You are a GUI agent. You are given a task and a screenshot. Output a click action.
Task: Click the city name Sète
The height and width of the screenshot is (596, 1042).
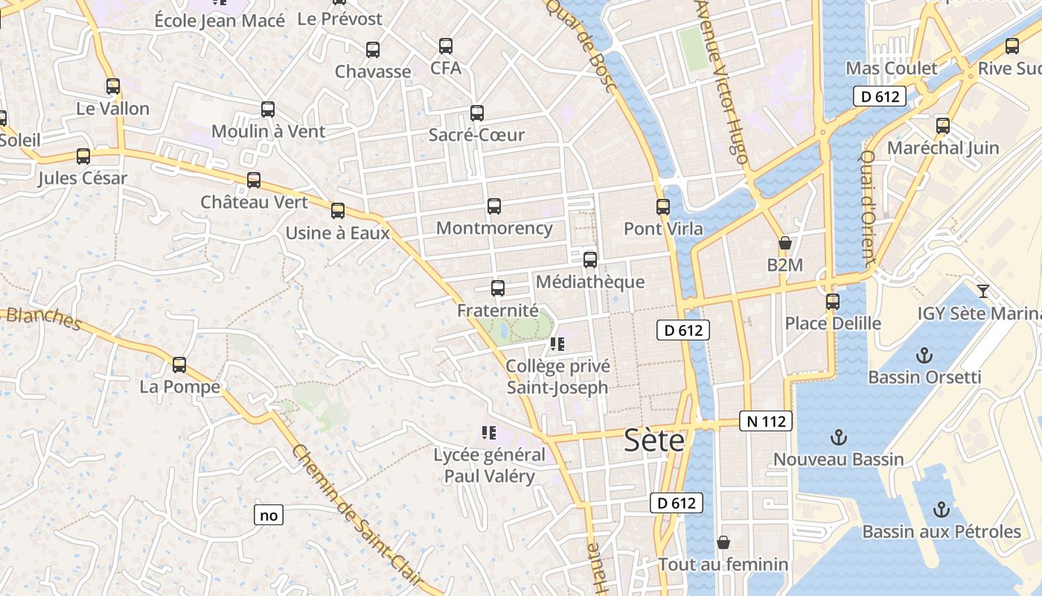coord(654,440)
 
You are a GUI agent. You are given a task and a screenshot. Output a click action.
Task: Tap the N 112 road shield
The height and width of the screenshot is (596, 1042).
coord(765,421)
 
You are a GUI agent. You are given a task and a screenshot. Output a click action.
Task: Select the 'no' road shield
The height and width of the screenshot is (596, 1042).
coord(269,515)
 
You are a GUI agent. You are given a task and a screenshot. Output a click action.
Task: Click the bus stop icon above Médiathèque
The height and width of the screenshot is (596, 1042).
coord(590,260)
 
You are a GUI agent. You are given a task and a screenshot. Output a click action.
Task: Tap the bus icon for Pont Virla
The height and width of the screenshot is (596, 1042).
coord(663,207)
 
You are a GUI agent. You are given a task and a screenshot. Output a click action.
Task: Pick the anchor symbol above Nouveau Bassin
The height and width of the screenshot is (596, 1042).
coord(839,437)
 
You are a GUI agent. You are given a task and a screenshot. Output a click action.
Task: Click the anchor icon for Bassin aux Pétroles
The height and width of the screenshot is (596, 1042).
coord(942,510)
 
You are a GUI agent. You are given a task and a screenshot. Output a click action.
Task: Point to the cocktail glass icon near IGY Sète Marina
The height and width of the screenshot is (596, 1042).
coord(983,291)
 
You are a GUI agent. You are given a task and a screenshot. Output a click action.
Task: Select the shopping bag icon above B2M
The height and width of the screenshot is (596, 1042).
coord(784,243)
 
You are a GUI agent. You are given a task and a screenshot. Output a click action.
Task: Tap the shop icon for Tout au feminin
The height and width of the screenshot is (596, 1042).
coord(723,542)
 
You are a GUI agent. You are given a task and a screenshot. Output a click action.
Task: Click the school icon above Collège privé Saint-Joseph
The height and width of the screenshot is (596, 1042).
coord(557,344)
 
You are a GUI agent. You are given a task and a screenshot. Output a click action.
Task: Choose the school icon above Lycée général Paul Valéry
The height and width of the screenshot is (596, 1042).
coord(489,432)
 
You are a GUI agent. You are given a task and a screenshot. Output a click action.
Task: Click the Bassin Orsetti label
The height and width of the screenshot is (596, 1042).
coord(924,377)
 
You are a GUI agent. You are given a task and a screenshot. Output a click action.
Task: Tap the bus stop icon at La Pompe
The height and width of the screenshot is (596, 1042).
coord(179,365)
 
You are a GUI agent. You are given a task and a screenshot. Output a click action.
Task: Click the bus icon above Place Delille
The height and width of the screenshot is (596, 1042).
coord(833,302)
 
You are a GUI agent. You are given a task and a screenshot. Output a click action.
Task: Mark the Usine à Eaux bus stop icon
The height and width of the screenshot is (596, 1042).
coord(338,211)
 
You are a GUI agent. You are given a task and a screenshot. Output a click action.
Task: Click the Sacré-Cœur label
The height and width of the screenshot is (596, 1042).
coord(476,135)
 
